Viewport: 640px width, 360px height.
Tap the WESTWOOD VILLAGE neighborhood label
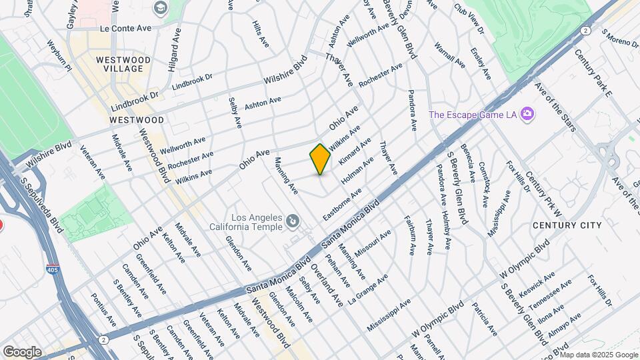point(123,65)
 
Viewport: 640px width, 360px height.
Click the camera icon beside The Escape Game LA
point(527,114)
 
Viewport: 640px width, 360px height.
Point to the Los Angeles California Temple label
point(257,222)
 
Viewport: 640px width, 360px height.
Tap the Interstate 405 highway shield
point(52,269)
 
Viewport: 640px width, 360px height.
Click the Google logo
point(22,351)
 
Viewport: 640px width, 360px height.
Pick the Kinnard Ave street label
point(355,152)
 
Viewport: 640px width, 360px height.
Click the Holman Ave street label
point(357,171)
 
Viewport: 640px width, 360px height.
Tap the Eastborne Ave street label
point(342,205)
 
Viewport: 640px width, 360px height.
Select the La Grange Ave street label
point(369,286)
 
